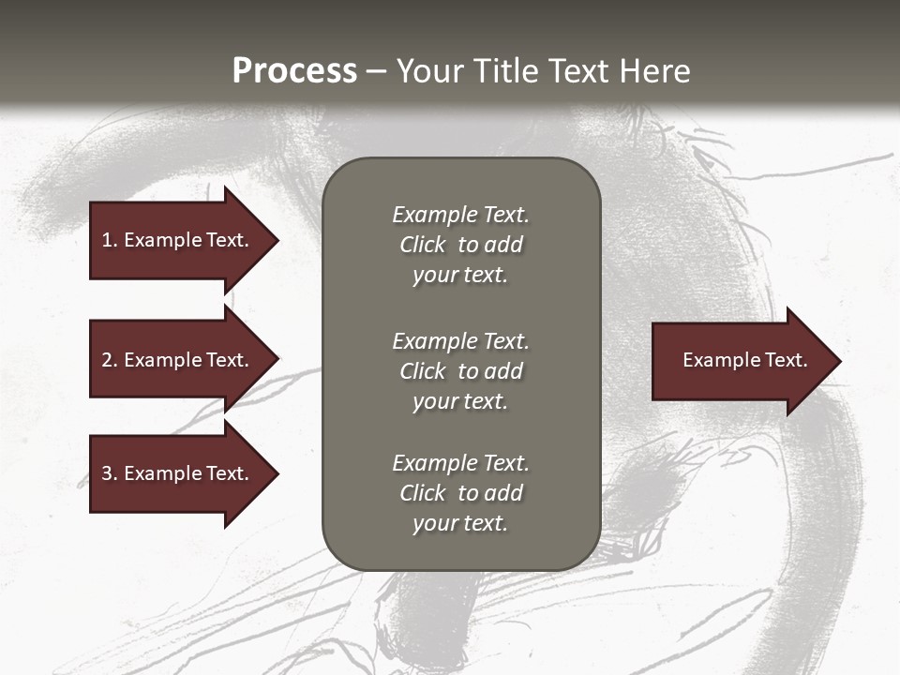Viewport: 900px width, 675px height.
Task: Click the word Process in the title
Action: point(294,71)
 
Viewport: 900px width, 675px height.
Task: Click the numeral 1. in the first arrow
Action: point(110,240)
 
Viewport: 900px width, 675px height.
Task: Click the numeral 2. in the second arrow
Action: point(110,360)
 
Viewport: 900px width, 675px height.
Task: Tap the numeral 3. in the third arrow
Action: point(110,473)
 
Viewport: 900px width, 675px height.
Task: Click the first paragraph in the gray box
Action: point(460,245)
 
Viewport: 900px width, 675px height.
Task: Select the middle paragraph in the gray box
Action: point(460,371)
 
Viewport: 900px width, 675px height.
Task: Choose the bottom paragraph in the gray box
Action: point(460,493)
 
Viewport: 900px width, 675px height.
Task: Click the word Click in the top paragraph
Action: point(422,245)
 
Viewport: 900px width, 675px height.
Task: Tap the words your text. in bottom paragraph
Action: point(459,523)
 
